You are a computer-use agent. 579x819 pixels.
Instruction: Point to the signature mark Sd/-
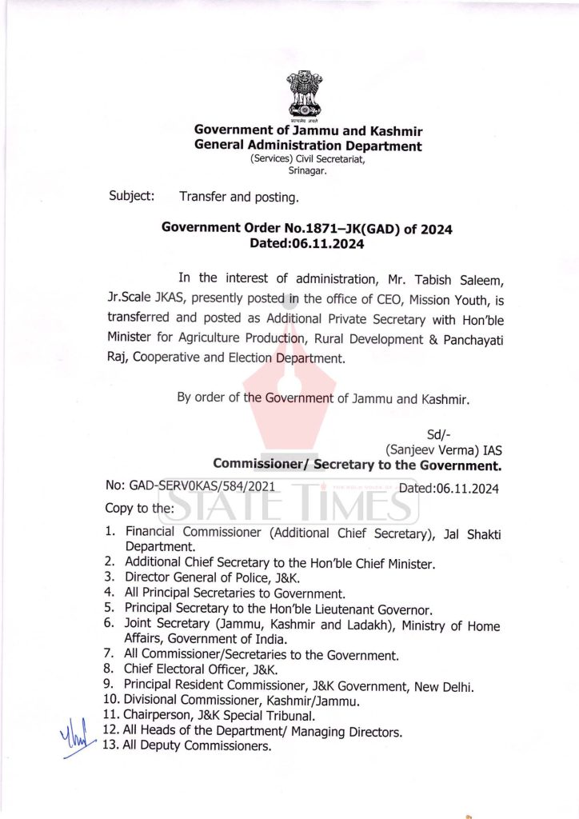click(x=439, y=435)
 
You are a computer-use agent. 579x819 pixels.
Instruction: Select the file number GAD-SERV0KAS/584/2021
click(x=190, y=486)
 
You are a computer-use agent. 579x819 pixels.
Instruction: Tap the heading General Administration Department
click(x=308, y=146)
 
